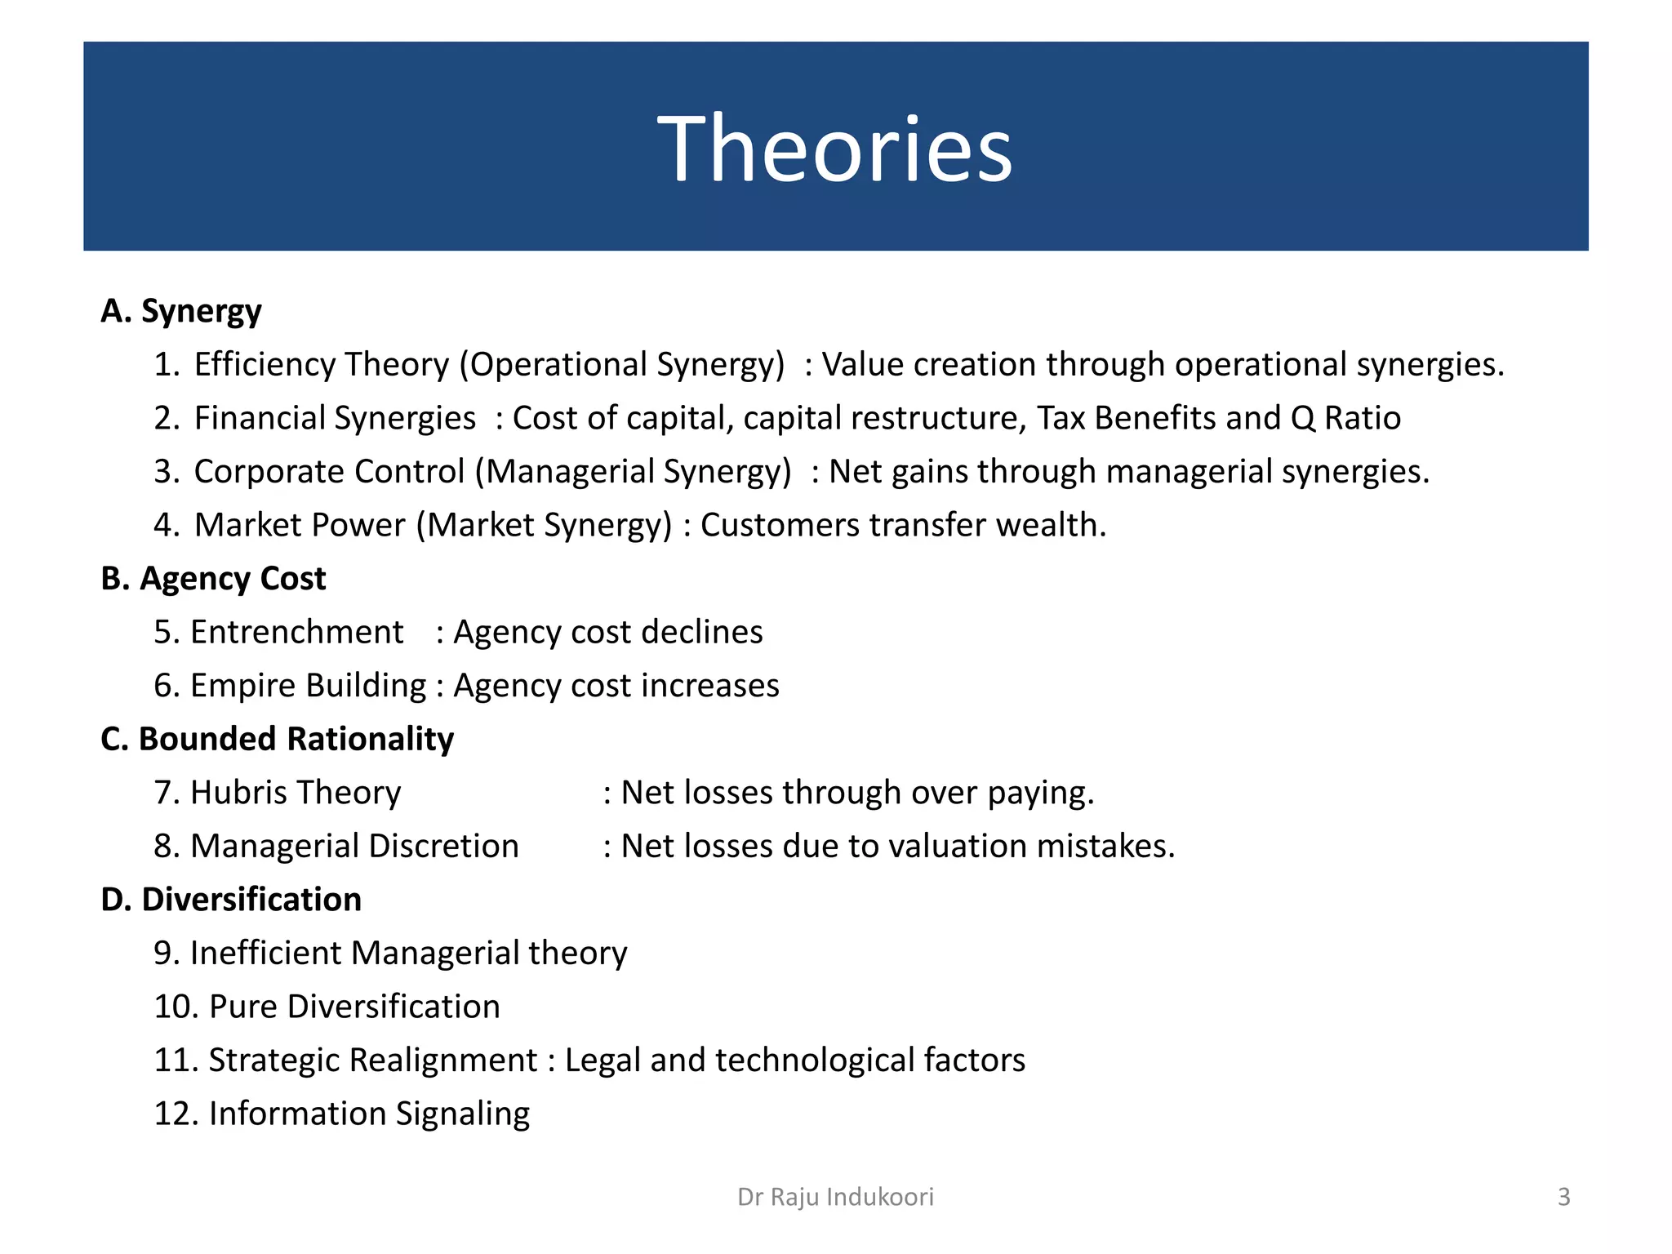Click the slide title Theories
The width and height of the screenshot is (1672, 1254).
[x=834, y=149]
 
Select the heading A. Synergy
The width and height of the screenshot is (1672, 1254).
[x=181, y=312]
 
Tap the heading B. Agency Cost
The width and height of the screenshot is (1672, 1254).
[x=213, y=579]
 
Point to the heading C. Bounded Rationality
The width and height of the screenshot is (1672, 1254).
[x=277, y=740]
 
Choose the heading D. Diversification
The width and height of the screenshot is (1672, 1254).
[x=231, y=900]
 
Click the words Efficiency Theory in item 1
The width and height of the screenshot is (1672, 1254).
[x=321, y=365]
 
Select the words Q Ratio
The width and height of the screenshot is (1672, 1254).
[x=1345, y=418]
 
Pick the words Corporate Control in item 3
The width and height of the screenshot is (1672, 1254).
[x=328, y=472]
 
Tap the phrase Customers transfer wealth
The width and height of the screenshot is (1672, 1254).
[x=903, y=526]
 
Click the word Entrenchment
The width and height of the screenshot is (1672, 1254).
[x=296, y=633]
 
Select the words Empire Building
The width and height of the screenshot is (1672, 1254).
[x=308, y=686]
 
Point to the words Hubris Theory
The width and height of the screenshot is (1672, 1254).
[x=296, y=793]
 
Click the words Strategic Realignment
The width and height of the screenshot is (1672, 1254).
[x=373, y=1061]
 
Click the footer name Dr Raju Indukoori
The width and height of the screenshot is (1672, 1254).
[x=835, y=1197]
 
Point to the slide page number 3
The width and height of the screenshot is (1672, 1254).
[x=1563, y=1197]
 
